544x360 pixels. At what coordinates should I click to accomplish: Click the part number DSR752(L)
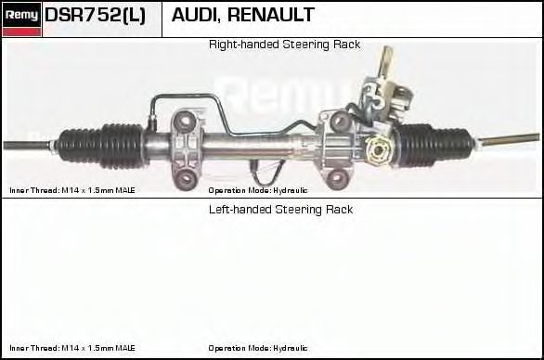95,16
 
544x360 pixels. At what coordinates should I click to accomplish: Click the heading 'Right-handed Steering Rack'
284,45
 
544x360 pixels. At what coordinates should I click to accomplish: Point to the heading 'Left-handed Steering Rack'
280,210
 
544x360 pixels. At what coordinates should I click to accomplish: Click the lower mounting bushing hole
188,176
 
